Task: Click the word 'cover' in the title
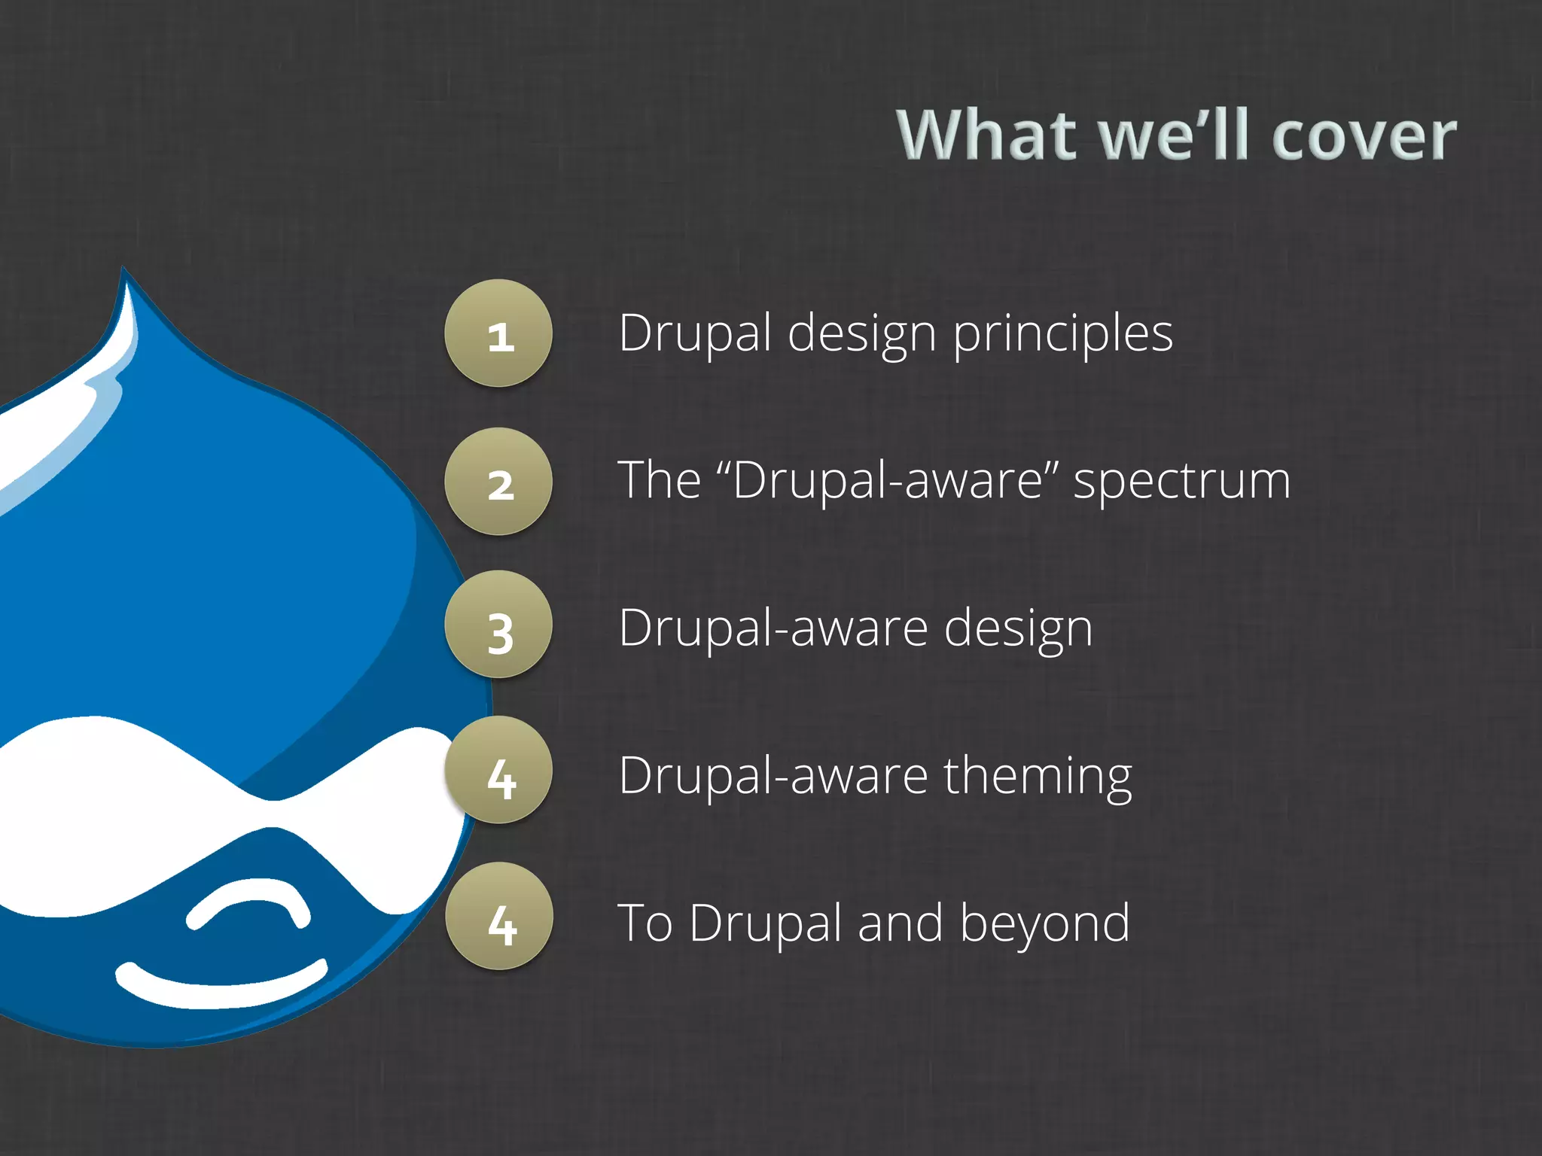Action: point(1364,136)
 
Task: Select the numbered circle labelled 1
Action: point(498,333)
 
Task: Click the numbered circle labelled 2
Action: point(498,482)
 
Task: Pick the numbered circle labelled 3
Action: point(498,625)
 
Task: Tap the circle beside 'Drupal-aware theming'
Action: point(498,770)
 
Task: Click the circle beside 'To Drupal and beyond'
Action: point(499,916)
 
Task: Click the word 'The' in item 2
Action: point(660,480)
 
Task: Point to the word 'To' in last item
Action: point(645,923)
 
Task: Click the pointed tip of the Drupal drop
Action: point(125,272)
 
